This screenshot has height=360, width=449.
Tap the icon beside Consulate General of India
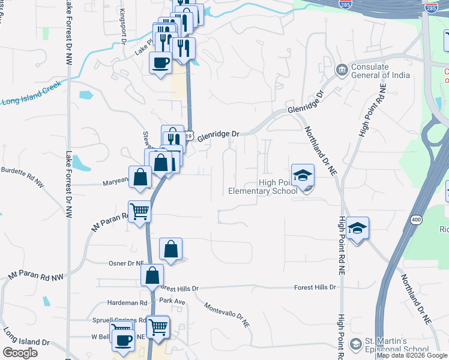coord(342,70)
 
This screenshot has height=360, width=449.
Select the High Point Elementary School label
coord(262,187)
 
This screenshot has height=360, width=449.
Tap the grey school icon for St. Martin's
coord(355,344)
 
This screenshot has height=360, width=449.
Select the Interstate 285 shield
coord(431,8)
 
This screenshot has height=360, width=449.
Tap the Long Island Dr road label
coord(26,337)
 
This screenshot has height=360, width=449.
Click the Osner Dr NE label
coord(124,263)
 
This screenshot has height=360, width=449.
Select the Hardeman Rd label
coord(127,303)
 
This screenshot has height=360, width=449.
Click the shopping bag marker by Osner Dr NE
coord(170,248)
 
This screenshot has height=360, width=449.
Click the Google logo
coord(20,353)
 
